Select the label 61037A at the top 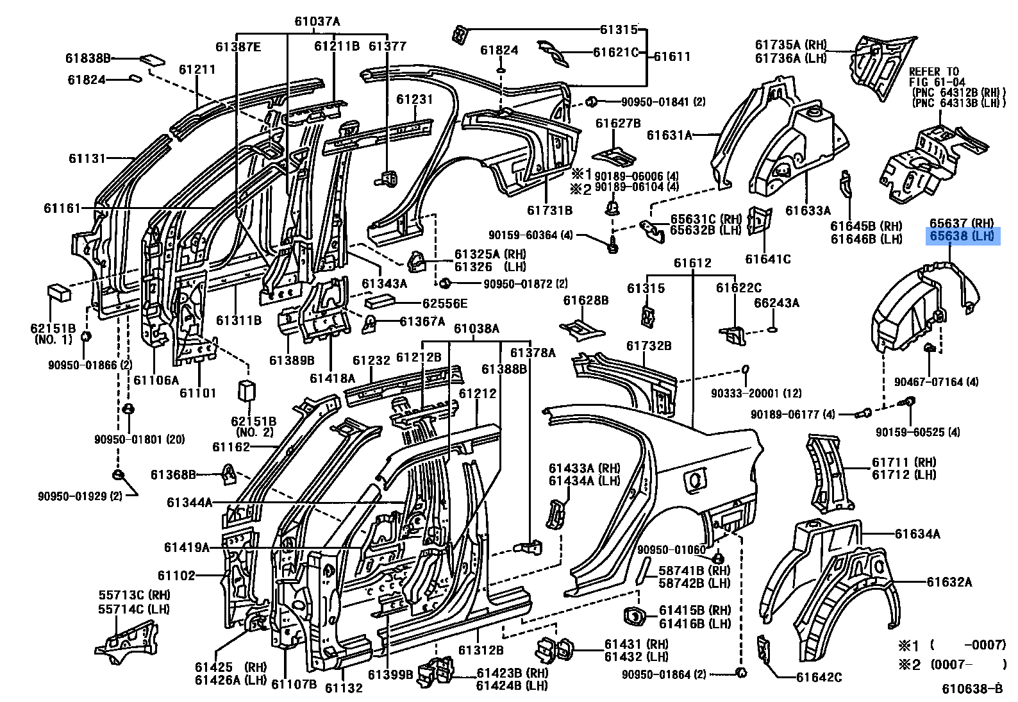[x=317, y=21]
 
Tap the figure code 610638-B [x=971, y=689]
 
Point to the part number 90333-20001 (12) [x=755, y=393]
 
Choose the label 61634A [x=917, y=533]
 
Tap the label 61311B [x=238, y=320]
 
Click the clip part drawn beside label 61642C [x=764, y=648]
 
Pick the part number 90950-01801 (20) [x=139, y=439]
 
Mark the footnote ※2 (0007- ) [x=951, y=664]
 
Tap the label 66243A [x=776, y=303]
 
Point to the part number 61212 [x=477, y=393]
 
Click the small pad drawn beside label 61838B [x=152, y=60]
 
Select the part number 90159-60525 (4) [x=918, y=432]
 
